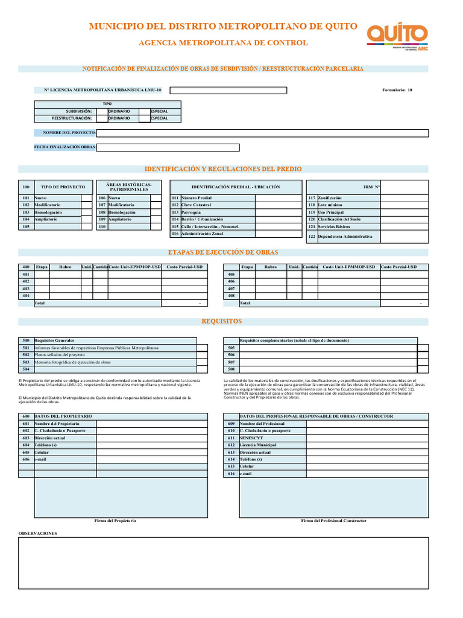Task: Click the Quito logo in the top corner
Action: [x=397, y=36]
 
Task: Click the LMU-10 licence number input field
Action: [x=228, y=90]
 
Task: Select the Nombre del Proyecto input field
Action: [x=263, y=133]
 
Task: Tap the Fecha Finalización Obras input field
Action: [x=168, y=147]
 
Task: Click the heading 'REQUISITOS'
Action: [x=221, y=322]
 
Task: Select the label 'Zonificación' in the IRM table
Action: [x=329, y=198]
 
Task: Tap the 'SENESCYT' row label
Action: [x=251, y=438]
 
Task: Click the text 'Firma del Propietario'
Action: [x=116, y=520]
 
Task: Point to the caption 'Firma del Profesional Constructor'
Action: [x=333, y=520]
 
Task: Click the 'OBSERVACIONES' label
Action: [x=37, y=534]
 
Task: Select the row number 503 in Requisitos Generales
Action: [x=26, y=362]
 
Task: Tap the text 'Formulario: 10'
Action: [x=397, y=90]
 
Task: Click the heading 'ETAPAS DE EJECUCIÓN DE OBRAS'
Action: [x=223, y=252]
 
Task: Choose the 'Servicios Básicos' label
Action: [x=333, y=226]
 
